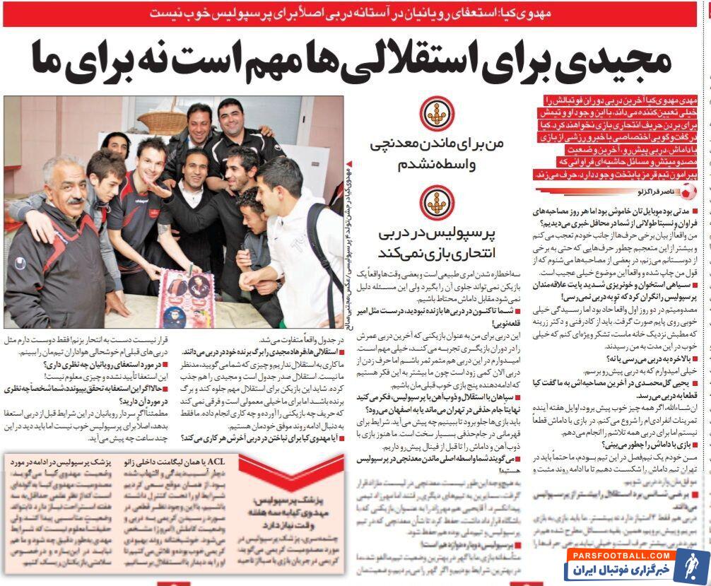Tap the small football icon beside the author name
click(x=690, y=192)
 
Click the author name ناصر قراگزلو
click(x=654, y=192)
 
